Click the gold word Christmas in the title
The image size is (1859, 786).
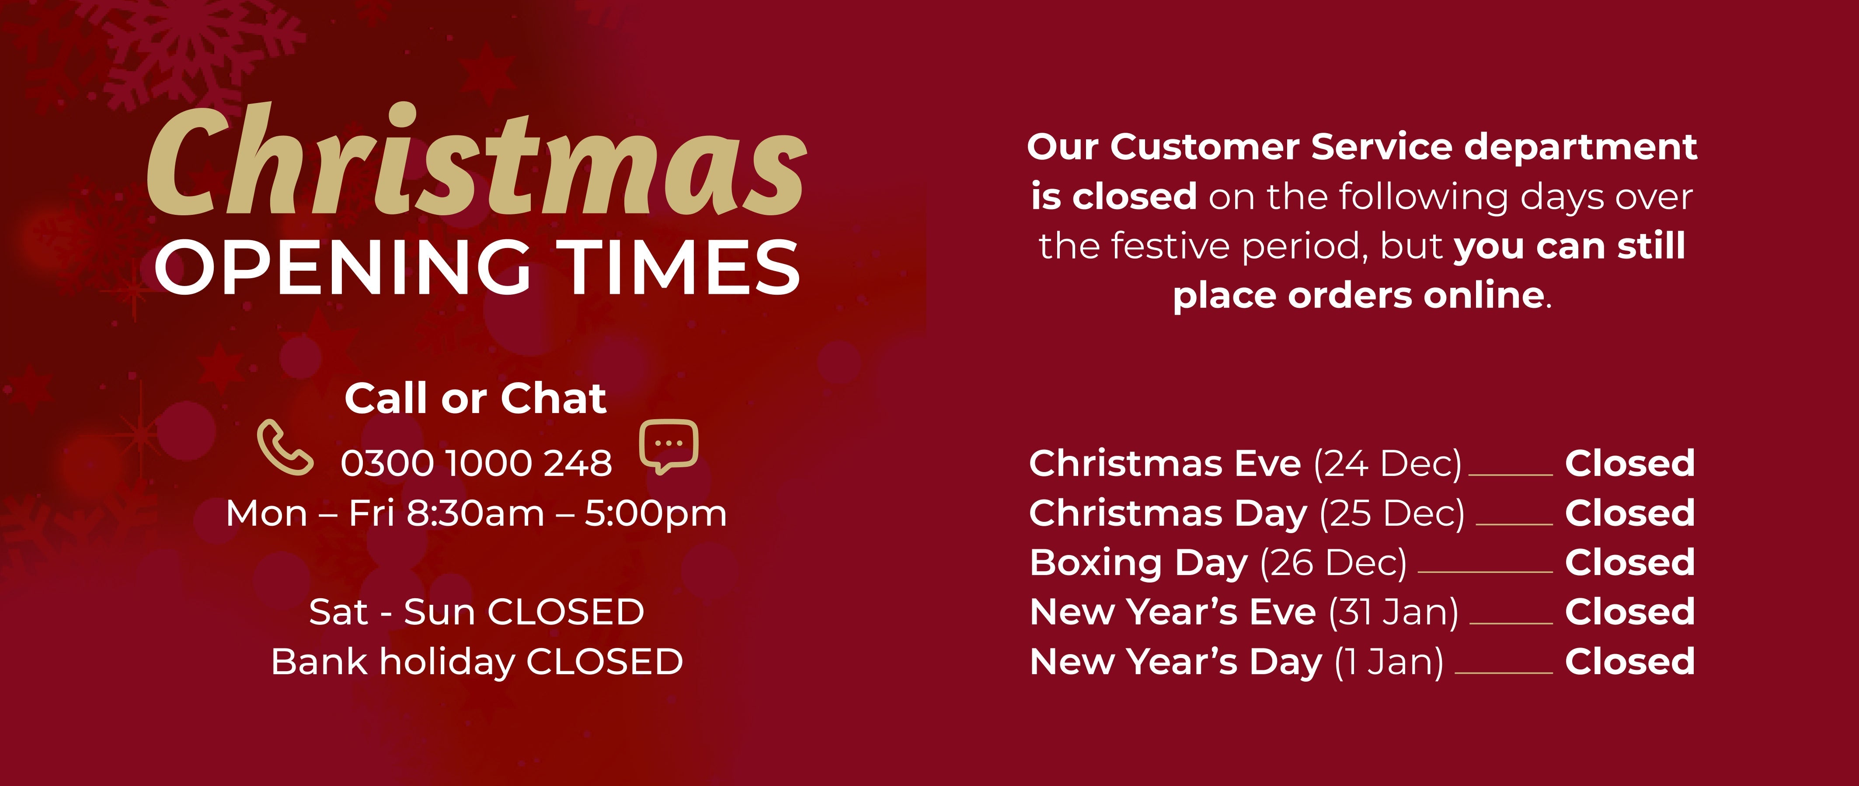476,160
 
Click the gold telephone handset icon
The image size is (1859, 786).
285,447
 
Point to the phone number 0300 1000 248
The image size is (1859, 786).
476,463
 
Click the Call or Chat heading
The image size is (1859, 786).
476,398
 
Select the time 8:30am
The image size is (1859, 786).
476,514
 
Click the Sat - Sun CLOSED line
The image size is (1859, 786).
476,612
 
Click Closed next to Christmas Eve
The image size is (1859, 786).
1629,463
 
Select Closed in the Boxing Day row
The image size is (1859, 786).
1629,562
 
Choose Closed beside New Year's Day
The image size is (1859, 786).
1629,662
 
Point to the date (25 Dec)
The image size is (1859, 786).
1392,514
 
